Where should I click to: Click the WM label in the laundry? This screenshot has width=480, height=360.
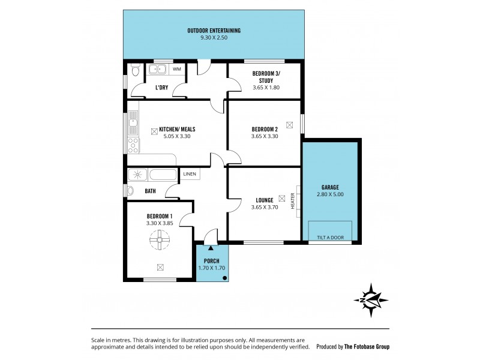pyautogui.click(x=176, y=70)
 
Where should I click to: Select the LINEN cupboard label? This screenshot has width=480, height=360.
pyautogui.click(x=190, y=174)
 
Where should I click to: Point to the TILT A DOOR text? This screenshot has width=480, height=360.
pyautogui.click(x=330, y=238)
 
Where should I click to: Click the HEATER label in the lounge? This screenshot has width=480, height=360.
pyautogui.click(x=293, y=200)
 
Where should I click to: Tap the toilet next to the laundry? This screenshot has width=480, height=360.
pyautogui.click(x=135, y=73)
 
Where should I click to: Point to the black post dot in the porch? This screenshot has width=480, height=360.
pyautogui.click(x=224, y=278)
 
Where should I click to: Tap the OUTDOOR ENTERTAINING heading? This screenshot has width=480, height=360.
pyautogui.click(x=214, y=31)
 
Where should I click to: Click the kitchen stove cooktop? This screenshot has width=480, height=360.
pyautogui.click(x=133, y=145)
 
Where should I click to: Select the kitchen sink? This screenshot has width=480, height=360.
pyautogui.click(x=133, y=124)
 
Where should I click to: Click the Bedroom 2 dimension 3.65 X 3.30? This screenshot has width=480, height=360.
pyautogui.click(x=265, y=136)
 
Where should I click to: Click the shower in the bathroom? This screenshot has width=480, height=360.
pyautogui.click(x=137, y=175)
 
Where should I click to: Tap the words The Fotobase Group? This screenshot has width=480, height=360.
pyautogui.click(x=371, y=347)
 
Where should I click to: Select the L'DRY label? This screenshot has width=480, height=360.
pyautogui.click(x=161, y=88)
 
